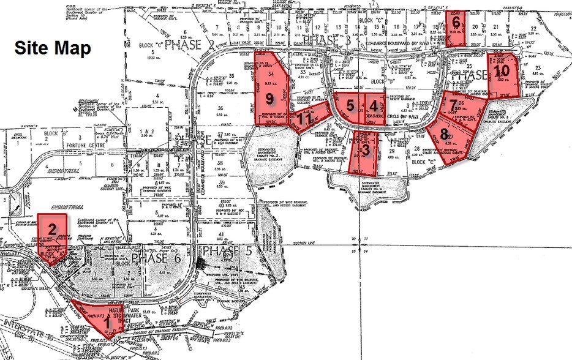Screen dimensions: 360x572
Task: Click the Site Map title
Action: [53, 48]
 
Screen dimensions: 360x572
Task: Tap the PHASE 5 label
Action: [226, 250]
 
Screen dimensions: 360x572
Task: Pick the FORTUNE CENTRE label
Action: [78, 144]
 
